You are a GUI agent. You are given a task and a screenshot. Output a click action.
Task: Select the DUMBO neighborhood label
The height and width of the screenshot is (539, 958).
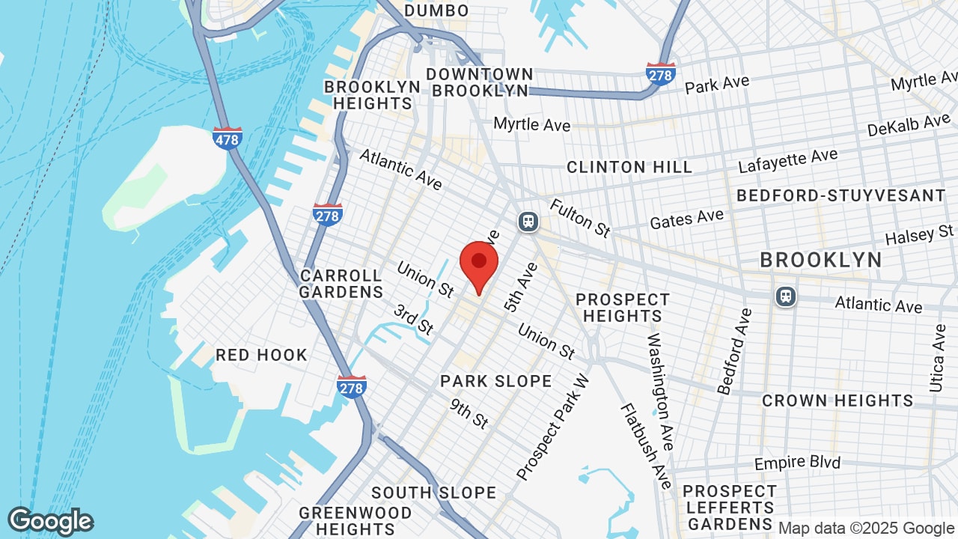pos(436,10)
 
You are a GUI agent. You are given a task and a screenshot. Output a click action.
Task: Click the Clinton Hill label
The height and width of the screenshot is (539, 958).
pos(629,167)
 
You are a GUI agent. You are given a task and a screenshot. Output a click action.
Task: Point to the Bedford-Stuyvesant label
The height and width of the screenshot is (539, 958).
pos(841,196)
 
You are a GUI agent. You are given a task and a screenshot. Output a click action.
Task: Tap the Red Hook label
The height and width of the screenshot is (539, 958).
pos(261,355)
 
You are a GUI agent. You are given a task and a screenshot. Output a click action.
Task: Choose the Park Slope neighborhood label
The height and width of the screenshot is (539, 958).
pos(496,381)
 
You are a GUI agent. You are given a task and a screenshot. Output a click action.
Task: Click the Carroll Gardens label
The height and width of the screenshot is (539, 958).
pos(341,284)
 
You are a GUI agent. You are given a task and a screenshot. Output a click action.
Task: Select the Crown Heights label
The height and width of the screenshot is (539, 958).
pos(838,401)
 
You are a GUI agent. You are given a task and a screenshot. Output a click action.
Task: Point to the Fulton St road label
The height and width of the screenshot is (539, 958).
pos(580,218)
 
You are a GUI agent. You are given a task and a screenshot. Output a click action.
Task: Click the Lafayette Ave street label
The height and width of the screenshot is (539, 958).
pos(788,160)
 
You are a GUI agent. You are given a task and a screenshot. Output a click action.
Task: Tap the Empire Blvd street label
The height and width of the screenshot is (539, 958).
pos(797,463)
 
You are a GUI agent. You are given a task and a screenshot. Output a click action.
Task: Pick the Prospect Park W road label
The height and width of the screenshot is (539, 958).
pos(553,427)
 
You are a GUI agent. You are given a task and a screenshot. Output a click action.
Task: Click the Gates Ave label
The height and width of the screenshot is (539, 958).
pos(686,219)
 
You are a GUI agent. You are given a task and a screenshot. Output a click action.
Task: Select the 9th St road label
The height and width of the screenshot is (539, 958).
pos(469,413)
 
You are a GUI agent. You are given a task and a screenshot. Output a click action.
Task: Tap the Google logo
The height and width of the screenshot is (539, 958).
pos(50,521)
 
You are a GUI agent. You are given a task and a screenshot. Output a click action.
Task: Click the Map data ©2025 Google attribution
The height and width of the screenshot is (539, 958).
pos(866,529)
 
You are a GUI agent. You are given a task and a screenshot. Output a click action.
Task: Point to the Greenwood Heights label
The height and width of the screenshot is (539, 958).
pos(355,521)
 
